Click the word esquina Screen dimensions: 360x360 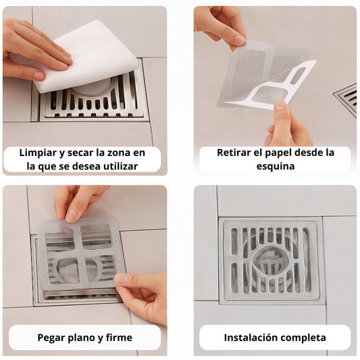click(x=276, y=167)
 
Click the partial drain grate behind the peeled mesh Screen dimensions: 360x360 click(x=347, y=97)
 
